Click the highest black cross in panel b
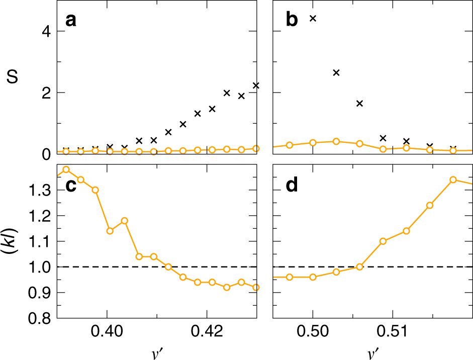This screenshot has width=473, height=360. [x=313, y=19]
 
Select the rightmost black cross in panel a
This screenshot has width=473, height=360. [x=256, y=85]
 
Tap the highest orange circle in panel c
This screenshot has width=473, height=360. [x=66, y=169]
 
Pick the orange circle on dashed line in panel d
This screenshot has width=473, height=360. [x=359, y=267]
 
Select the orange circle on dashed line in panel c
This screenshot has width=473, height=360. [x=168, y=266]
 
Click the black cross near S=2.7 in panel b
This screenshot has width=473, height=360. [x=336, y=72]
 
